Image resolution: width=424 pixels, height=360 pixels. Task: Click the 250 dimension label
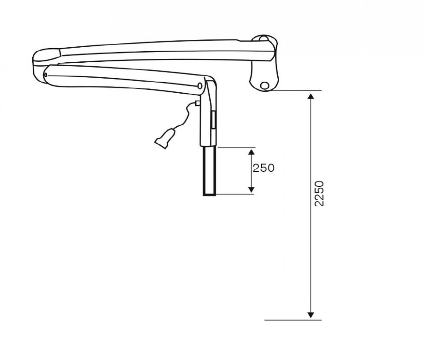tap(263, 168)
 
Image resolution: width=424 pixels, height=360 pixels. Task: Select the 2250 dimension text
tap(319, 193)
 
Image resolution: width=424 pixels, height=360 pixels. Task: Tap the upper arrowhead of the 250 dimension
tap(251, 152)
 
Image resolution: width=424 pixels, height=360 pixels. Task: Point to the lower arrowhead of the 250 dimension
tap(251, 190)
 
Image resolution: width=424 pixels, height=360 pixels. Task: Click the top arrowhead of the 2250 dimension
tap(311, 96)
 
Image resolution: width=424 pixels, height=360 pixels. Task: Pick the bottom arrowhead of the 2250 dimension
tap(311, 315)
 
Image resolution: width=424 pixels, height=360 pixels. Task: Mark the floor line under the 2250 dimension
tap(293, 320)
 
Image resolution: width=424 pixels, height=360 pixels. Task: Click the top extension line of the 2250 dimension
tap(296, 91)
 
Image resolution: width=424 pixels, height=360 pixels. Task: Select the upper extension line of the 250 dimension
tap(236, 148)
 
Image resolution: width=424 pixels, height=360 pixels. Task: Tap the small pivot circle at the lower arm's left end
tap(45, 75)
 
